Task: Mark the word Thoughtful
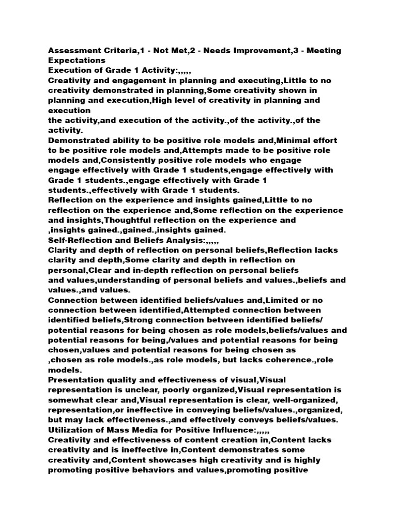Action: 157,220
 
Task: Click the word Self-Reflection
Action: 81,240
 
